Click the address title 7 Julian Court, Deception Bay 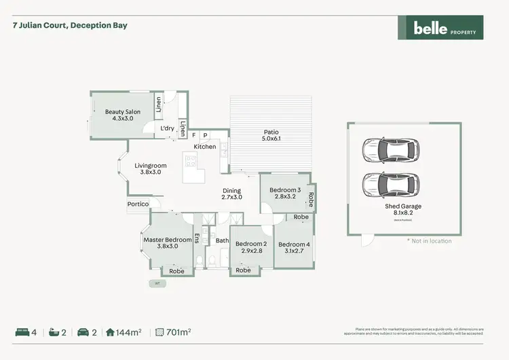pyautogui.click(x=70, y=25)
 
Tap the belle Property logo pyautogui.click(x=440, y=28)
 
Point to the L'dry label pyautogui.click(x=168, y=128)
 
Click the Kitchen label pyautogui.click(x=205, y=147)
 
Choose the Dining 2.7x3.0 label pyautogui.click(x=232, y=194)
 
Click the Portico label pyautogui.click(x=138, y=204)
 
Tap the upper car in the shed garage pyautogui.click(x=390, y=150)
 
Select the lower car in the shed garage pyautogui.click(x=390, y=183)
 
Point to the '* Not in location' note pyautogui.click(x=429, y=241)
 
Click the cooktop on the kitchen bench pyautogui.click(x=191, y=162)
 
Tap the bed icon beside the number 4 pyautogui.click(x=22, y=332)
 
